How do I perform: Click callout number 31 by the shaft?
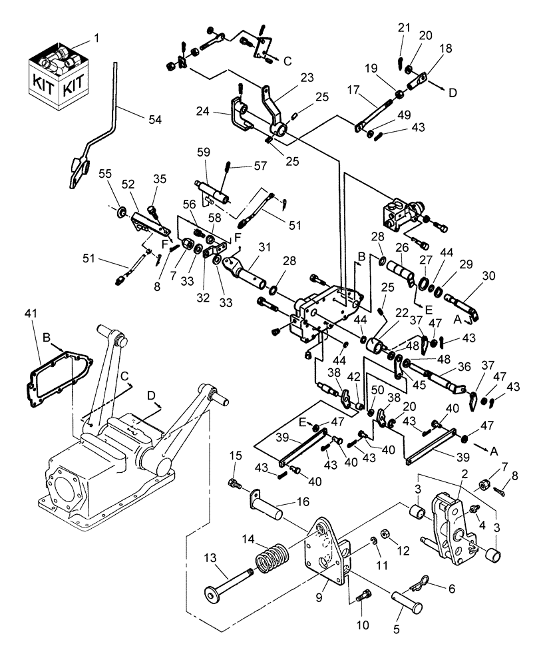click(265, 247)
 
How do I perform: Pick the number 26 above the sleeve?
click(401, 248)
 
